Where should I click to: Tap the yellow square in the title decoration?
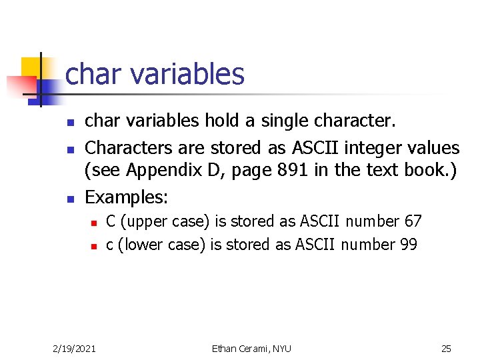(x=31, y=67)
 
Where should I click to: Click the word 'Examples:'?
(x=127, y=197)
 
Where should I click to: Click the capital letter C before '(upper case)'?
(x=111, y=221)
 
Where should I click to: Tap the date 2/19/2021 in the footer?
(x=74, y=348)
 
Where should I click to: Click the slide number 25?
(x=446, y=348)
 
